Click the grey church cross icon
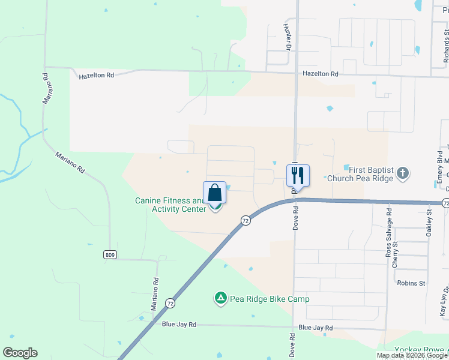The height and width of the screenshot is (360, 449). pos(402,175)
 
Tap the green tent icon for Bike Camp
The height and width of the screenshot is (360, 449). pos(220,298)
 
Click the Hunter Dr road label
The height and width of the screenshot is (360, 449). pos(288,37)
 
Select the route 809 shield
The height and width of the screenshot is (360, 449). pos(109,255)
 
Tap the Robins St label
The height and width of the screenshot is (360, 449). pos(411,283)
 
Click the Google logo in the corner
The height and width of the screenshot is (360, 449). pos(20,353)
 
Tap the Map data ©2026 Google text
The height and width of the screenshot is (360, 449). pos(412,355)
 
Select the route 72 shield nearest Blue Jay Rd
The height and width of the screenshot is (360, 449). pos(170,303)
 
